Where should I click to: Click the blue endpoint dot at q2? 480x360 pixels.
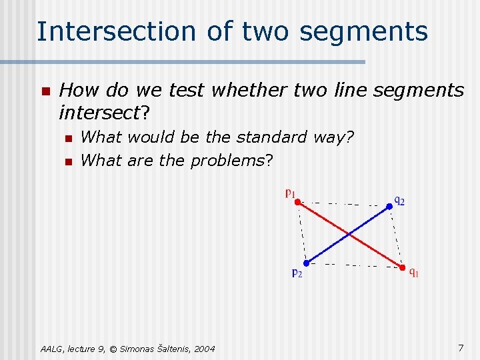tap(390, 206)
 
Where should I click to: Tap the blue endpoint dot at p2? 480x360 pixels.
tap(306, 263)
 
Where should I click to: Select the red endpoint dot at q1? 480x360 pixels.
tap(402, 268)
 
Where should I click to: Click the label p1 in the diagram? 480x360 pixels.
tap(290, 193)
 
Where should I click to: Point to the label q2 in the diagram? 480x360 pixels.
tap(399, 199)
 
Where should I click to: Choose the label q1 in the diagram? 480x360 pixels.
tap(414, 272)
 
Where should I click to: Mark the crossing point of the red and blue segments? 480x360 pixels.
tap(348, 234)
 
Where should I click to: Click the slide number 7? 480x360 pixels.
tap(461, 347)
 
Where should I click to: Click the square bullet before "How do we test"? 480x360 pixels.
tap(45, 91)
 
